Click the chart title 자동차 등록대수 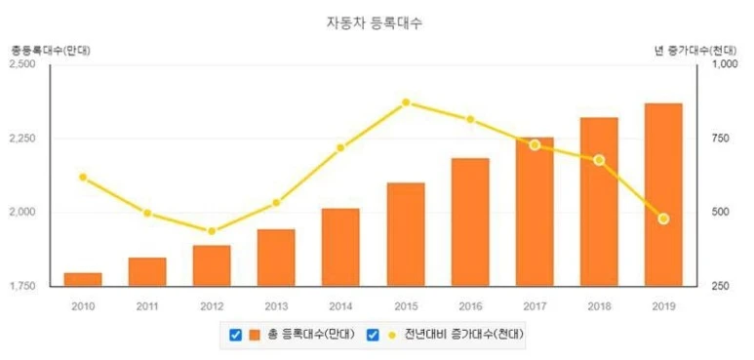375,23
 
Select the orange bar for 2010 83,280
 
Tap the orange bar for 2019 663,195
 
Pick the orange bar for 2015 406,234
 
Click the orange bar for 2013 276,258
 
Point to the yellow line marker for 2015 406,102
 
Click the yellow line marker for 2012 212,231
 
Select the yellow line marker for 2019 663,220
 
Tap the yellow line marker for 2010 83,178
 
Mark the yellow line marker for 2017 535,145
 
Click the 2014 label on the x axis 341,306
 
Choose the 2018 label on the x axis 599,306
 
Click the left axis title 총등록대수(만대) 51,50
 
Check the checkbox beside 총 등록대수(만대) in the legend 236,335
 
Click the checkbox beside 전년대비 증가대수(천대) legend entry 373,335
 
